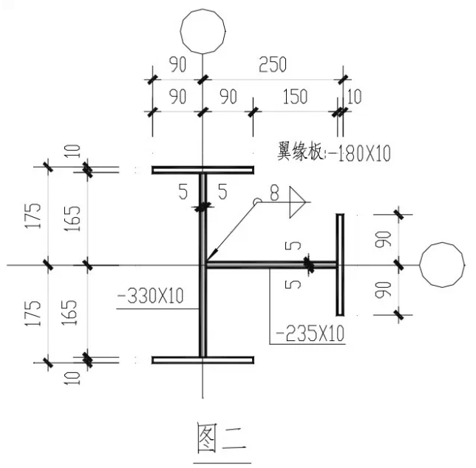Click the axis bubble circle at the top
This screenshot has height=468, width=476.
(203, 10)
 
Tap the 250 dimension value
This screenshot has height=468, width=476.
(272, 64)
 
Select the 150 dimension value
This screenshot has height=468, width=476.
(295, 97)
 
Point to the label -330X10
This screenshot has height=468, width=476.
(150, 296)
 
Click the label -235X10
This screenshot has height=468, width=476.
(310, 333)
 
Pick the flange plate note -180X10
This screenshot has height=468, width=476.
(359, 153)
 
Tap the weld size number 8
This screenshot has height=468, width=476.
(274, 193)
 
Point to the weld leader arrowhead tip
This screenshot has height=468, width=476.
(207, 261)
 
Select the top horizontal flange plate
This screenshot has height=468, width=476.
(203, 170)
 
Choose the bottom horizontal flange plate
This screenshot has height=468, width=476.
(203, 360)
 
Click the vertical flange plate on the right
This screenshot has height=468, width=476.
(340, 265)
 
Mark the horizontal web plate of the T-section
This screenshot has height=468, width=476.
(271, 265)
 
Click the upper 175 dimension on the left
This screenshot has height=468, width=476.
(33, 216)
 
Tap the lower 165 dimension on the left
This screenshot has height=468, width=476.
(69, 312)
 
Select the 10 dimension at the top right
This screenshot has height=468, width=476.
(353, 97)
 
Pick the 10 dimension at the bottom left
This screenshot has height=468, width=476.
(72, 378)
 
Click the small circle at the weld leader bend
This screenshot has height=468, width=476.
(257, 201)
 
